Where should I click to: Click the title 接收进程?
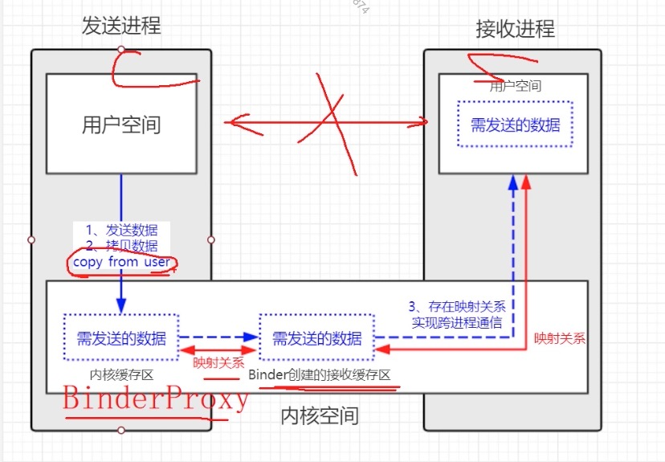coord(515,30)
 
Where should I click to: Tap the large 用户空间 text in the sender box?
coord(121,125)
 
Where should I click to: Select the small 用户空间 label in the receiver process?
coord(515,86)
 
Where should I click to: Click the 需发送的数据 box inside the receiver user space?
coord(515,125)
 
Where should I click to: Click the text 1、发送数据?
coord(121,231)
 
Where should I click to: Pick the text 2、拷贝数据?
coord(121,246)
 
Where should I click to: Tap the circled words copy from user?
coord(120,262)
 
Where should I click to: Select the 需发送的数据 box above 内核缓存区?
coord(121,338)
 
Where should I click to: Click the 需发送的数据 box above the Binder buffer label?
coord(316,338)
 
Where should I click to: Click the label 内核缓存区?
coord(121,374)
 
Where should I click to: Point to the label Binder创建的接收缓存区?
coord(319,375)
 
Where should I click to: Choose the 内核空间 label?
coord(319,416)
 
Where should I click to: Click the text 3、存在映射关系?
coord(456,306)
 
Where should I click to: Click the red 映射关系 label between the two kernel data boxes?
coord(218,362)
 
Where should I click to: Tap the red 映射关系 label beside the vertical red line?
coord(560,338)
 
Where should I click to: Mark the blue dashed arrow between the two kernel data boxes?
coord(218,338)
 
